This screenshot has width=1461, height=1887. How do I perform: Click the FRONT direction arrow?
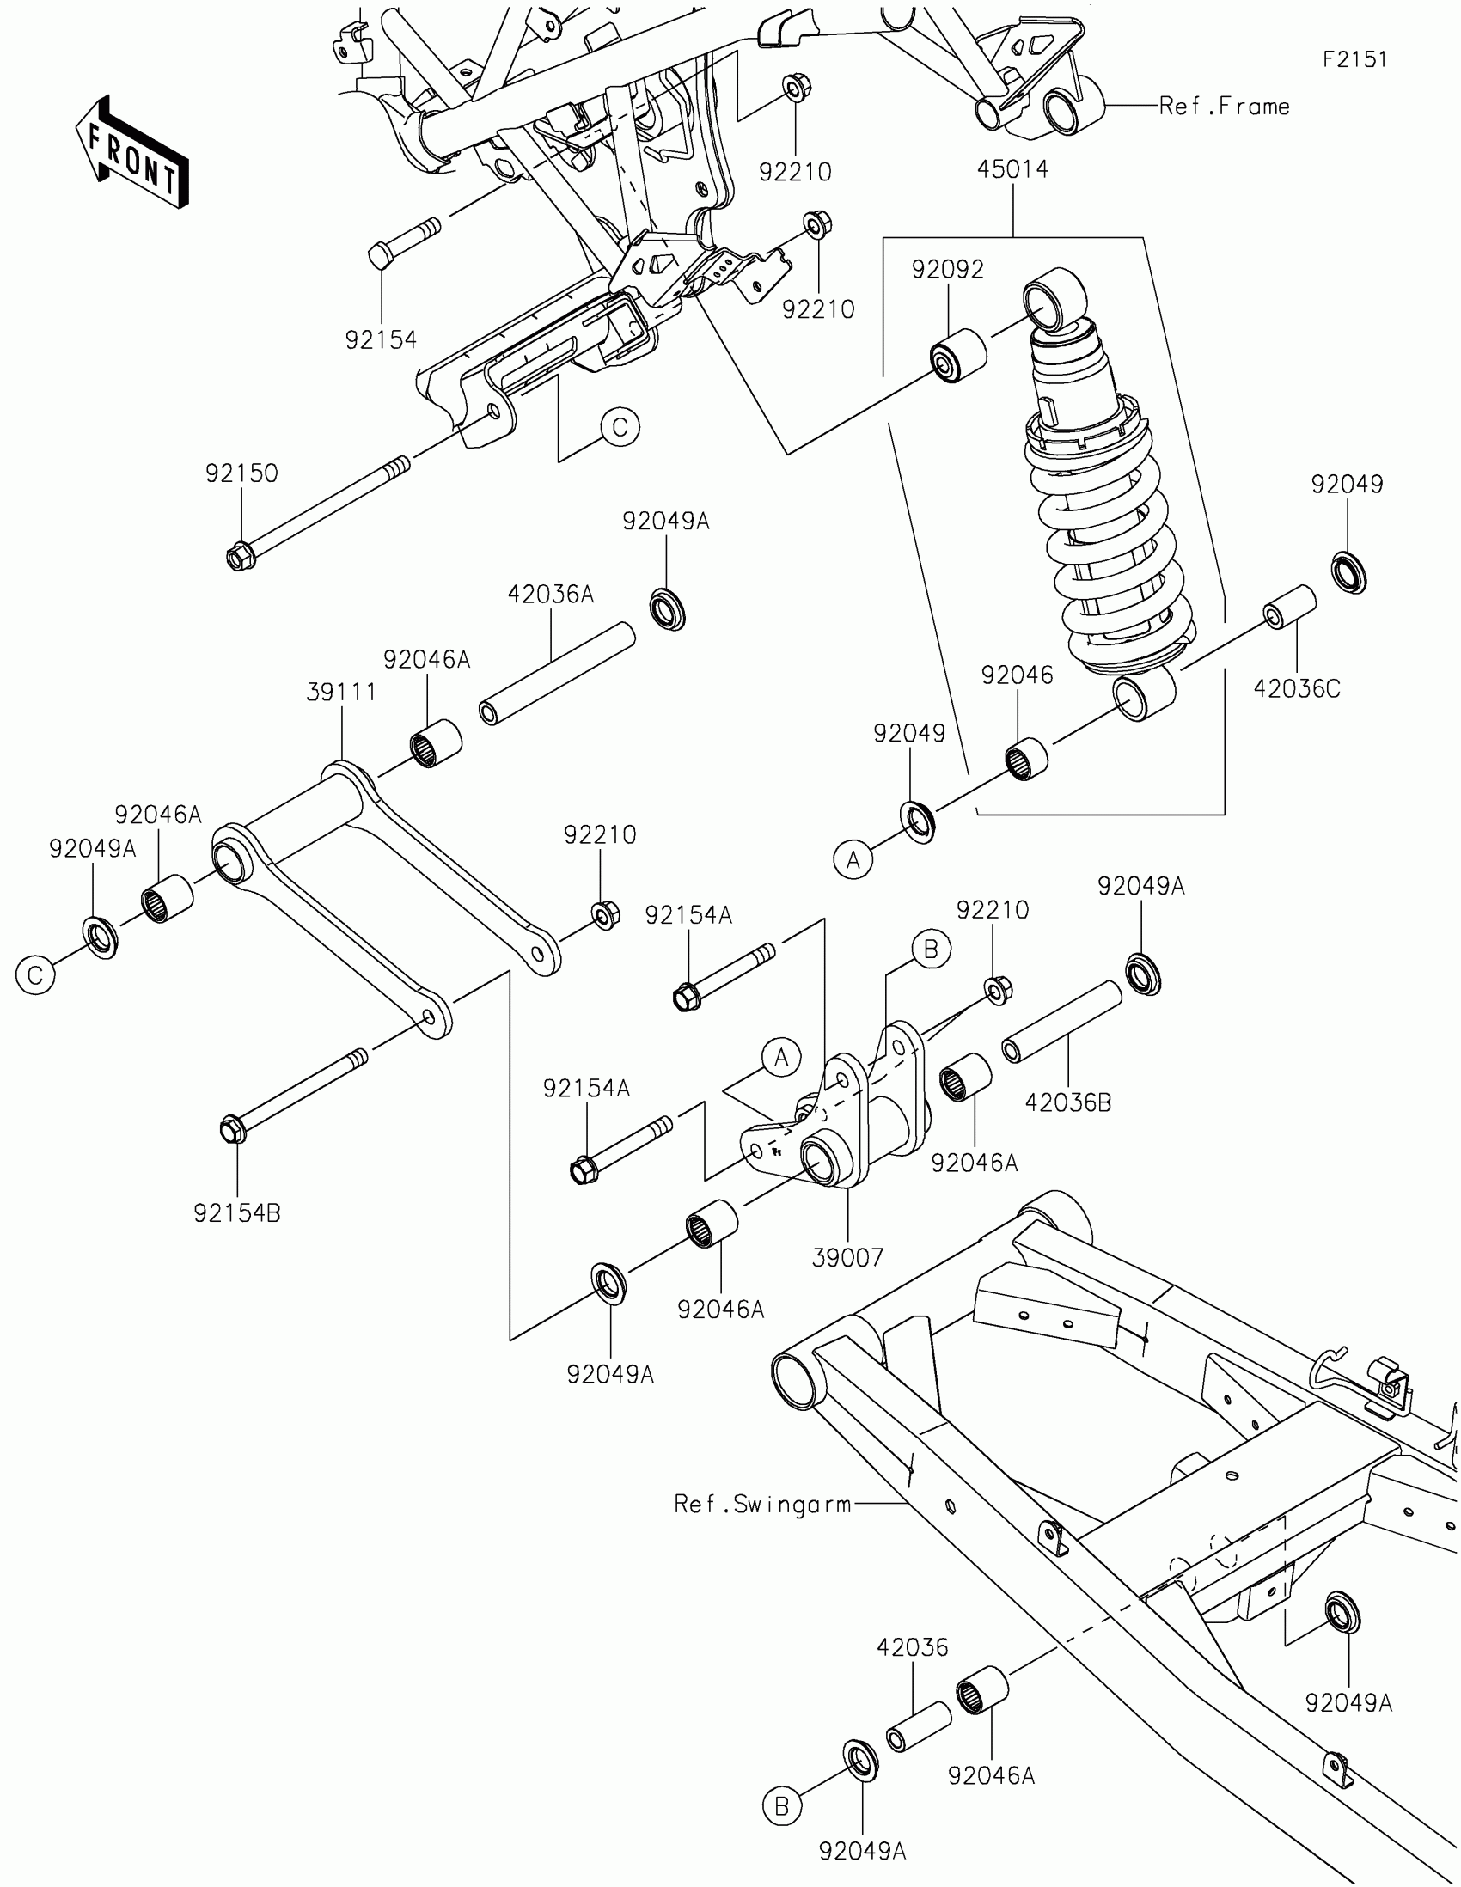pyautogui.click(x=132, y=152)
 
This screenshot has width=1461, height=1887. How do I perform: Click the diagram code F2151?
pyautogui.click(x=1354, y=59)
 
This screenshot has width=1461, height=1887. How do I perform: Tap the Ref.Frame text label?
pyautogui.click(x=1224, y=107)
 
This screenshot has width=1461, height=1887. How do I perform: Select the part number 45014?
pyautogui.click(x=1012, y=169)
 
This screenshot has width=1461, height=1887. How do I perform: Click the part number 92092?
pyautogui.click(x=947, y=270)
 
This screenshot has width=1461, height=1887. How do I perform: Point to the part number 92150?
pyautogui.click(x=241, y=473)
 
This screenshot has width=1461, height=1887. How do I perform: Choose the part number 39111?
pyautogui.click(x=341, y=692)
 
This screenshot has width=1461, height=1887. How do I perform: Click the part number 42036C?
pyautogui.click(x=1296, y=688)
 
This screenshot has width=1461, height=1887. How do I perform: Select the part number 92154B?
pyautogui.click(x=236, y=1213)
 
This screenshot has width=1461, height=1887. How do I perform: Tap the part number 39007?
pyautogui.click(x=847, y=1257)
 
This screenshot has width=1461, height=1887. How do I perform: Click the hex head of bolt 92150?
pyautogui.click(x=239, y=556)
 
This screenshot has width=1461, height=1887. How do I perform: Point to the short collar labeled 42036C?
pyautogui.click(x=1290, y=606)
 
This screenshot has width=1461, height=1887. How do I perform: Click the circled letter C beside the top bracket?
pyautogui.click(x=620, y=427)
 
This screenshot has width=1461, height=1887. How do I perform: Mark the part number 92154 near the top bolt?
pyautogui.click(x=380, y=340)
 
